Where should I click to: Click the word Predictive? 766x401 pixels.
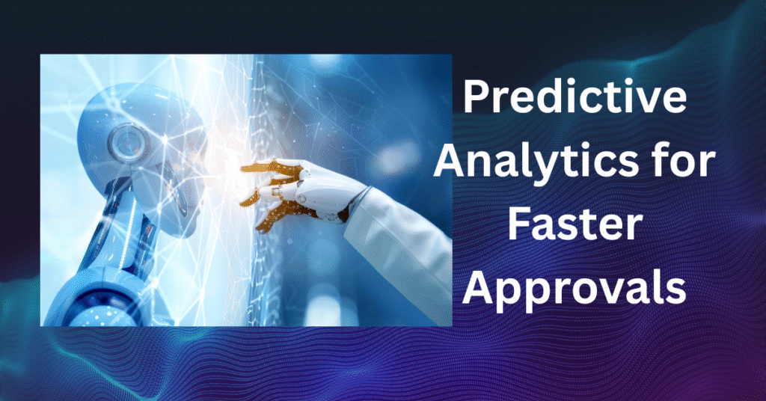click(x=574, y=97)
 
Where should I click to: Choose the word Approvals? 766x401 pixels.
click(x=574, y=289)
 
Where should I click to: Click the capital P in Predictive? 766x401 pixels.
click(x=477, y=97)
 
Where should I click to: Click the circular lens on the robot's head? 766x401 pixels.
click(x=127, y=141)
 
